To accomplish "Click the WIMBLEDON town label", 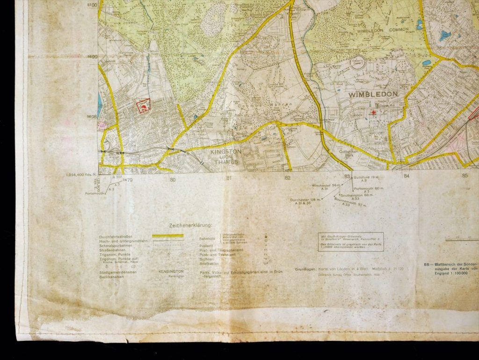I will coord(373,94).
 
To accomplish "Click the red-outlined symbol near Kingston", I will coord(144,107).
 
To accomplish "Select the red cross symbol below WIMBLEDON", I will coord(374,112).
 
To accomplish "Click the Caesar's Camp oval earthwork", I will coord(357,64).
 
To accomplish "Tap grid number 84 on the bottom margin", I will coord(406,176).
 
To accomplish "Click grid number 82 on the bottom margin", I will coord(287,177).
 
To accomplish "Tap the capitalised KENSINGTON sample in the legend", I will coord(171,271).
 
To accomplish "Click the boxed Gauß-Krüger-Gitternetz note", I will coord(351,242).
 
